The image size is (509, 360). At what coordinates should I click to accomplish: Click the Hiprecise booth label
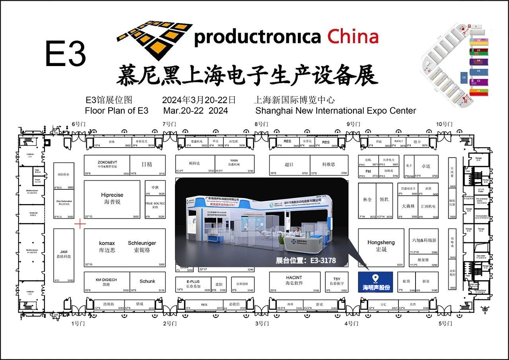[x=112, y=195]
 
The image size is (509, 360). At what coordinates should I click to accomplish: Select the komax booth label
[x=107, y=243]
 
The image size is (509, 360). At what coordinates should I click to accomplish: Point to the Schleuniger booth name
[x=142, y=243]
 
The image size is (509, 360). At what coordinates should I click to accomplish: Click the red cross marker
[x=80, y=224]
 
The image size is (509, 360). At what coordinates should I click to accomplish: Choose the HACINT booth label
[x=294, y=277]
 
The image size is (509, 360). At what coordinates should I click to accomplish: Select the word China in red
[x=353, y=37]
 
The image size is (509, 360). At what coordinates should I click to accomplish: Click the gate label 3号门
[x=262, y=323]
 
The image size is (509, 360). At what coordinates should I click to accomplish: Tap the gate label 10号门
[x=444, y=124]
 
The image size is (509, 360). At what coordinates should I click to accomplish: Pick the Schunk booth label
[x=147, y=281]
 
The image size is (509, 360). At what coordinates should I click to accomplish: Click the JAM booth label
[x=64, y=252]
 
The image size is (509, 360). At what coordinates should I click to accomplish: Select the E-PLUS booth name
[x=193, y=281]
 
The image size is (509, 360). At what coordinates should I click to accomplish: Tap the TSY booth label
[x=337, y=279]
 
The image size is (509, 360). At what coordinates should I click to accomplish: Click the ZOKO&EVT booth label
[x=107, y=162]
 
